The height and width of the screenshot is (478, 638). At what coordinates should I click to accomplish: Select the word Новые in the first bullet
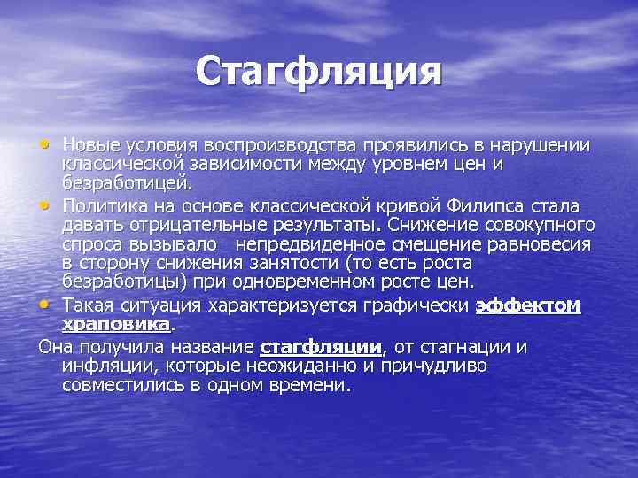point(91,144)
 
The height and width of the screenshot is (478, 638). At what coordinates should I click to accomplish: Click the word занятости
point(289,264)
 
